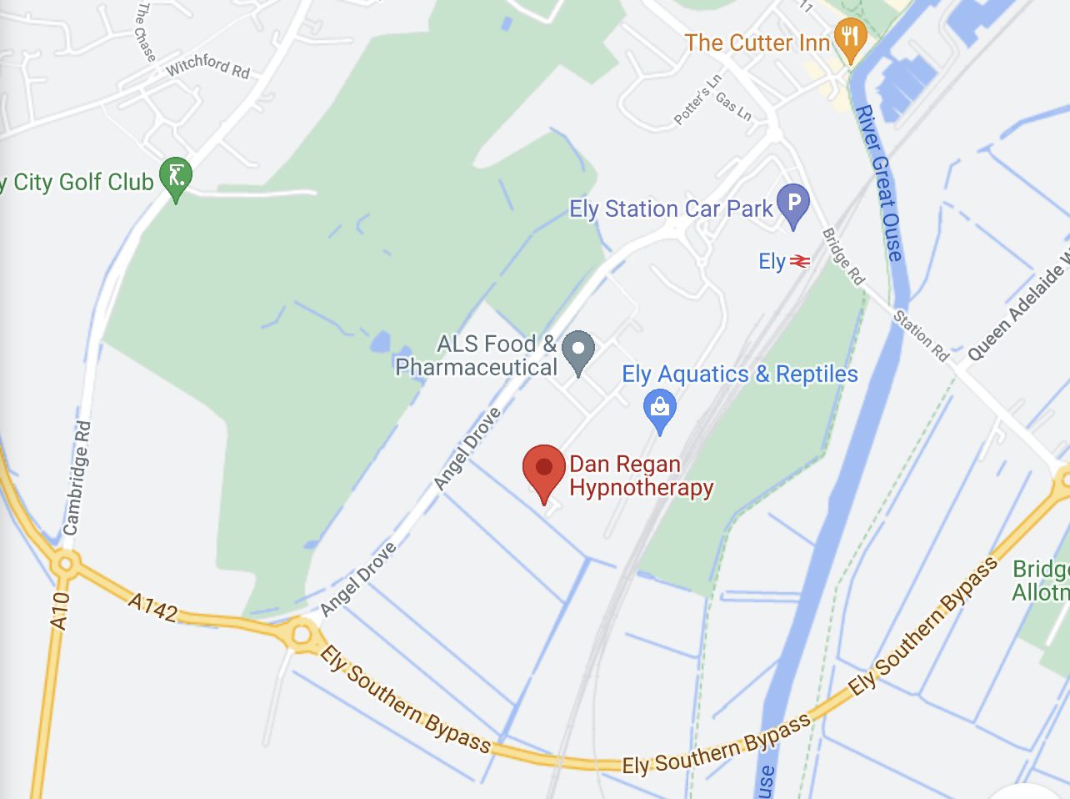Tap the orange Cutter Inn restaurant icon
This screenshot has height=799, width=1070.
tap(850, 38)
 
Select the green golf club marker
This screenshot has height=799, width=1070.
tap(176, 177)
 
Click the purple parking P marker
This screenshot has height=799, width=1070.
tap(793, 204)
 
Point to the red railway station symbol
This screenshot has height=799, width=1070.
tap(799, 262)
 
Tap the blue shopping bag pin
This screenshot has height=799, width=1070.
tap(660, 409)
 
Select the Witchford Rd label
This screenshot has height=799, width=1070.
tap(207, 66)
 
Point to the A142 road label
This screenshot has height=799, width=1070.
tap(153, 607)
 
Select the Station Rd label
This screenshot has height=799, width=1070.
tap(921, 335)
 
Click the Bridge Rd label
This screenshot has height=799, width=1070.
tap(843, 256)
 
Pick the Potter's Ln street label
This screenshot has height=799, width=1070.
tap(697, 101)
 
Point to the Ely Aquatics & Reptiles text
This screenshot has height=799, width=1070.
tap(740, 374)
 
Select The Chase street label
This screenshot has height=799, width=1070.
tap(144, 32)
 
